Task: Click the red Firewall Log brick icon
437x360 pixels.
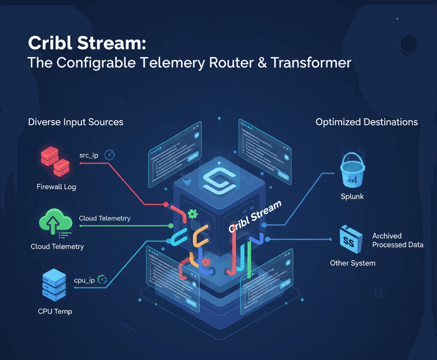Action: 55,162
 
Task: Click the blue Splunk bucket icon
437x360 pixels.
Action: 353,171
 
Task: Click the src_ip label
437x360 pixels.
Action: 89,155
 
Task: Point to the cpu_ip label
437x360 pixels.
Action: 84,280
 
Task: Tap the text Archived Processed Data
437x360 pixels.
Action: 398,240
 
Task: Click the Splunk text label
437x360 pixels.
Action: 352,197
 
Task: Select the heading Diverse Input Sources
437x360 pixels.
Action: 76,122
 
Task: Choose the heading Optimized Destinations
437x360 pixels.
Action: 367,122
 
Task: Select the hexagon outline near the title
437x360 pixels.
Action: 409,43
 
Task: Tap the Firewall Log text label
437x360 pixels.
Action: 56,187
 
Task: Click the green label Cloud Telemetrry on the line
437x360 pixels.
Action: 105,218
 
